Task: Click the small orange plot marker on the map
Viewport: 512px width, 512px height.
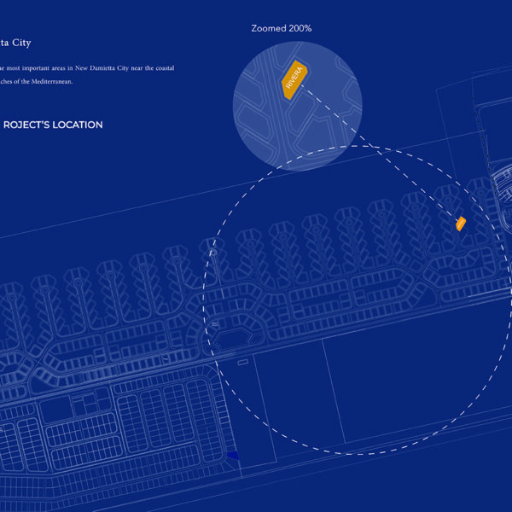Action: (461, 224)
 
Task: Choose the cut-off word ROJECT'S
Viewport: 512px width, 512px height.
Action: (28, 125)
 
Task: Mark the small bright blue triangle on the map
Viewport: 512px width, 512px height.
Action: (232, 456)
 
